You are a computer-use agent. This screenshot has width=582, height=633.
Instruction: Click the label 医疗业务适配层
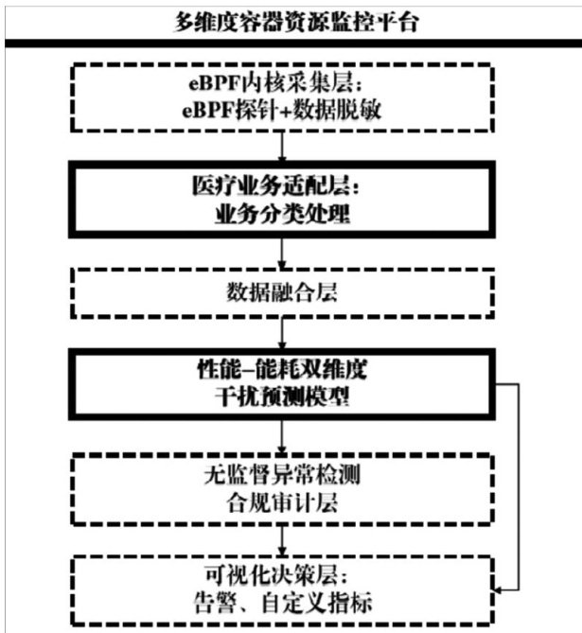280,187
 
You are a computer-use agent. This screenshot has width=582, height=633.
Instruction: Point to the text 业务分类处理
280,215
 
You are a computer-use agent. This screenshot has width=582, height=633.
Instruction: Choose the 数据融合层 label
280,293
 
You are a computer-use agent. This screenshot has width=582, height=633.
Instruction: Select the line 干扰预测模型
280,397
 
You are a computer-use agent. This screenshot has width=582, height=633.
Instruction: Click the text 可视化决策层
280,574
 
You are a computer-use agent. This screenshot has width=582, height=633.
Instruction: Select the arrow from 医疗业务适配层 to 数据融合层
282,251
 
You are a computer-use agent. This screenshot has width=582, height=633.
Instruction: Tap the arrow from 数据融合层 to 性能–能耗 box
282,331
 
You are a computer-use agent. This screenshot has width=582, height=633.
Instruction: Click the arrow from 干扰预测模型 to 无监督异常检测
282,435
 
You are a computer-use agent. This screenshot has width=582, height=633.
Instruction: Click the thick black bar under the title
291,44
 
